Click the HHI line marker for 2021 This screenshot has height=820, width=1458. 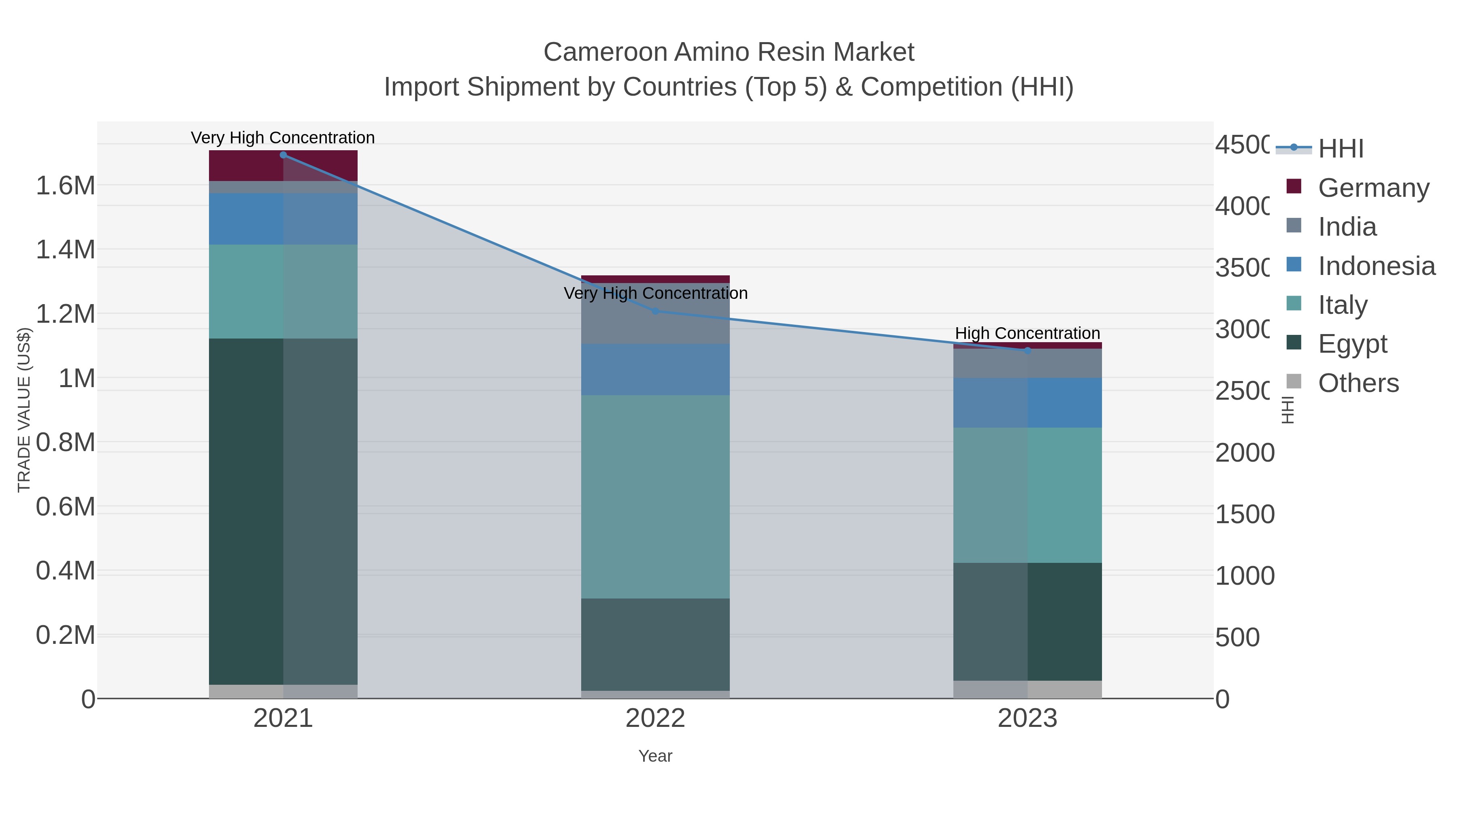[x=283, y=155]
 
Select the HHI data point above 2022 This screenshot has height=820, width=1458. [x=655, y=311]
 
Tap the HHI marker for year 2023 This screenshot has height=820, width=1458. [x=1027, y=350]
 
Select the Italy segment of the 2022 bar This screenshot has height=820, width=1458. [x=655, y=496]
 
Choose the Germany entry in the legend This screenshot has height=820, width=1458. [x=1373, y=187]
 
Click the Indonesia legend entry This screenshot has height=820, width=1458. [x=1376, y=265]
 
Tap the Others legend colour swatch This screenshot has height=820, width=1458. [x=1294, y=381]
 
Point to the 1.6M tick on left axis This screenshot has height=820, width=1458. [x=65, y=185]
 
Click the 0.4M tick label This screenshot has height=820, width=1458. [x=65, y=571]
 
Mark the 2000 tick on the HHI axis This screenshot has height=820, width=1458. [x=1244, y=453]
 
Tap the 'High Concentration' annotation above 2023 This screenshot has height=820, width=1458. [x=1027, y=333]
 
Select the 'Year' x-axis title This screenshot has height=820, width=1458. [x=655, y=756]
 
